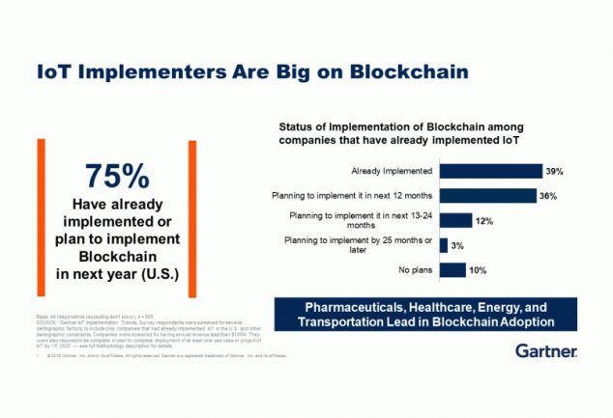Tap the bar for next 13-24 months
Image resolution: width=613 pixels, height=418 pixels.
[455, 221]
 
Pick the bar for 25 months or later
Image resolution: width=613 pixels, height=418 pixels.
[444, 245]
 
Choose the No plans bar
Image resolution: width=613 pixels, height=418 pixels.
[452, 270]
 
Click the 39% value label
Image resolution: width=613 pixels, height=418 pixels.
[554, 171]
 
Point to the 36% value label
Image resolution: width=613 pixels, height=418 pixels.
[548, 196]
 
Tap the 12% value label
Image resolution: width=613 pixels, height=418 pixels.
[484, 221]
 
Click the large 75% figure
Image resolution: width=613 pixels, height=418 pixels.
[117, 177]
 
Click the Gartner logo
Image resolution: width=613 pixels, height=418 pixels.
[545, 349]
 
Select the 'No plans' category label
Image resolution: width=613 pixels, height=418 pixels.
[414, 270]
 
